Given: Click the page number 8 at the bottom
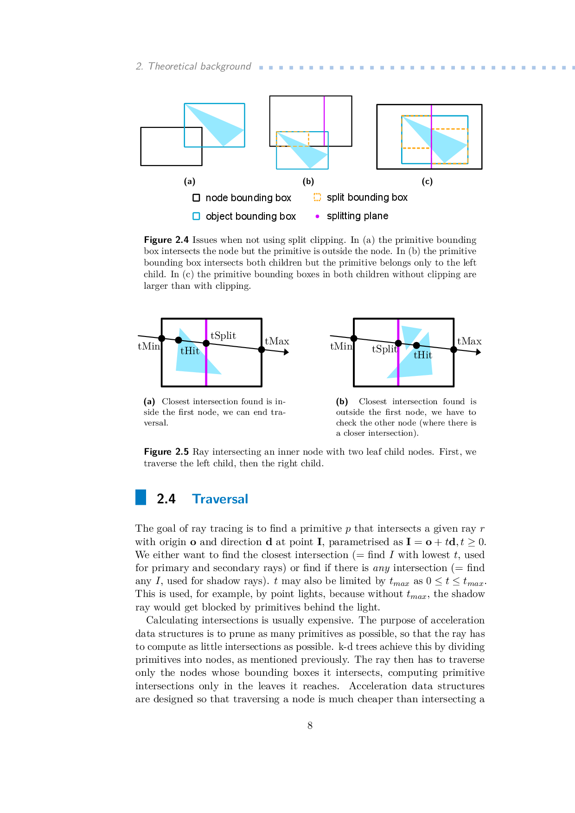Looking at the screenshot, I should click(x=310, y=725).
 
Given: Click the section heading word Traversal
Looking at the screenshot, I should click(x=220, y=499).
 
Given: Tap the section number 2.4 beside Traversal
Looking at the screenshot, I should click(x=166, y=499).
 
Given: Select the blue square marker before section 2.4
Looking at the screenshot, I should click(x=141, y=497).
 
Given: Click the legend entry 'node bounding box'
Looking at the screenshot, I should click(x=248, y=198).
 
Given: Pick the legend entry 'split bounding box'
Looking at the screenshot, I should click(x=367, y=197).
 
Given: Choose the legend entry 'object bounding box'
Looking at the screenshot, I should click(x=250, y=216).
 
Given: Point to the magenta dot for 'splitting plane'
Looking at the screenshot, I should click(x=317, y=216).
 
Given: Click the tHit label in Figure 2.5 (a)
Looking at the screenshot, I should click(x=190, y=351).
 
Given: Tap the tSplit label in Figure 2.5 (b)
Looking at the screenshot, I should click(x=384, y=349).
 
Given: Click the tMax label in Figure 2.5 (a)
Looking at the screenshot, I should click(x=277, y=341).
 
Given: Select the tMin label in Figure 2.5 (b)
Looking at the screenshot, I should click(x=341, y=346).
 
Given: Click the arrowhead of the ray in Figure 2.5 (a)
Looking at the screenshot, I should click(x=287, y=352).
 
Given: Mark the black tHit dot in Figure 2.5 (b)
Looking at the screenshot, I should click(x=416, y=345).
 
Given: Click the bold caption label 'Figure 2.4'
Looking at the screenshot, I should click(x=166, y=240).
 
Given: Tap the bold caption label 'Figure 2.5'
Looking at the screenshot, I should click(x=166, y=452).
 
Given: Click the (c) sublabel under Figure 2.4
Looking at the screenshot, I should click(x=427, y=181).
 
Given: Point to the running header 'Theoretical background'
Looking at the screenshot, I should click(x=199, y=66).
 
